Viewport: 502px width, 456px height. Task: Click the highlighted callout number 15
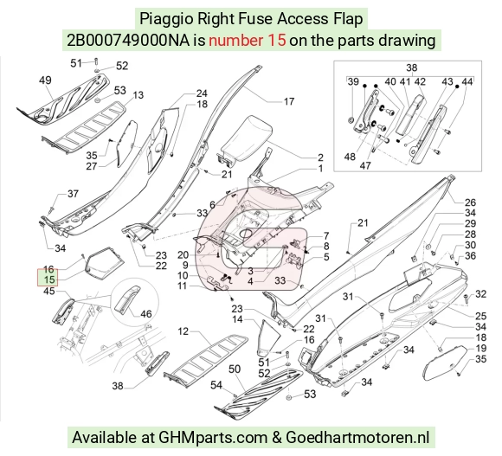tap(49, 279)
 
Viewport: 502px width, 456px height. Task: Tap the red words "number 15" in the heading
tap(248, 41)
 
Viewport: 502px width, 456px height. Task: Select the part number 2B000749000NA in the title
tap(128, 41)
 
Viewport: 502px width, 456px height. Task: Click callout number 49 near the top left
tap(45, 80)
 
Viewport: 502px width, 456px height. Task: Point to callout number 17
tap(289, 101)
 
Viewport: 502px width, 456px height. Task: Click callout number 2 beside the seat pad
tap(320, 157)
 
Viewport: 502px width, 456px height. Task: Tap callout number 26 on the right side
tap(470, 202)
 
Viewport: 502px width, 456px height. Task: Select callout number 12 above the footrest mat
tap(183, 331)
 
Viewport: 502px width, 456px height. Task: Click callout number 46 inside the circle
tap(146, 314)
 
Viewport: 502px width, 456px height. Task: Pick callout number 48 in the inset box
tap(350, 157)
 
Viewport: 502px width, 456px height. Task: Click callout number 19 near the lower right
tap(481, 348)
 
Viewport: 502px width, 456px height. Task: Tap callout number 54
tap(216, 385)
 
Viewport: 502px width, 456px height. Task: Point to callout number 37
tap(73, 194)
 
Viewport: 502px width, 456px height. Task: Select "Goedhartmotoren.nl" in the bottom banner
tap(357, 438)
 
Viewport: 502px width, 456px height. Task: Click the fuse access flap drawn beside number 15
tap(105, 260)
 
